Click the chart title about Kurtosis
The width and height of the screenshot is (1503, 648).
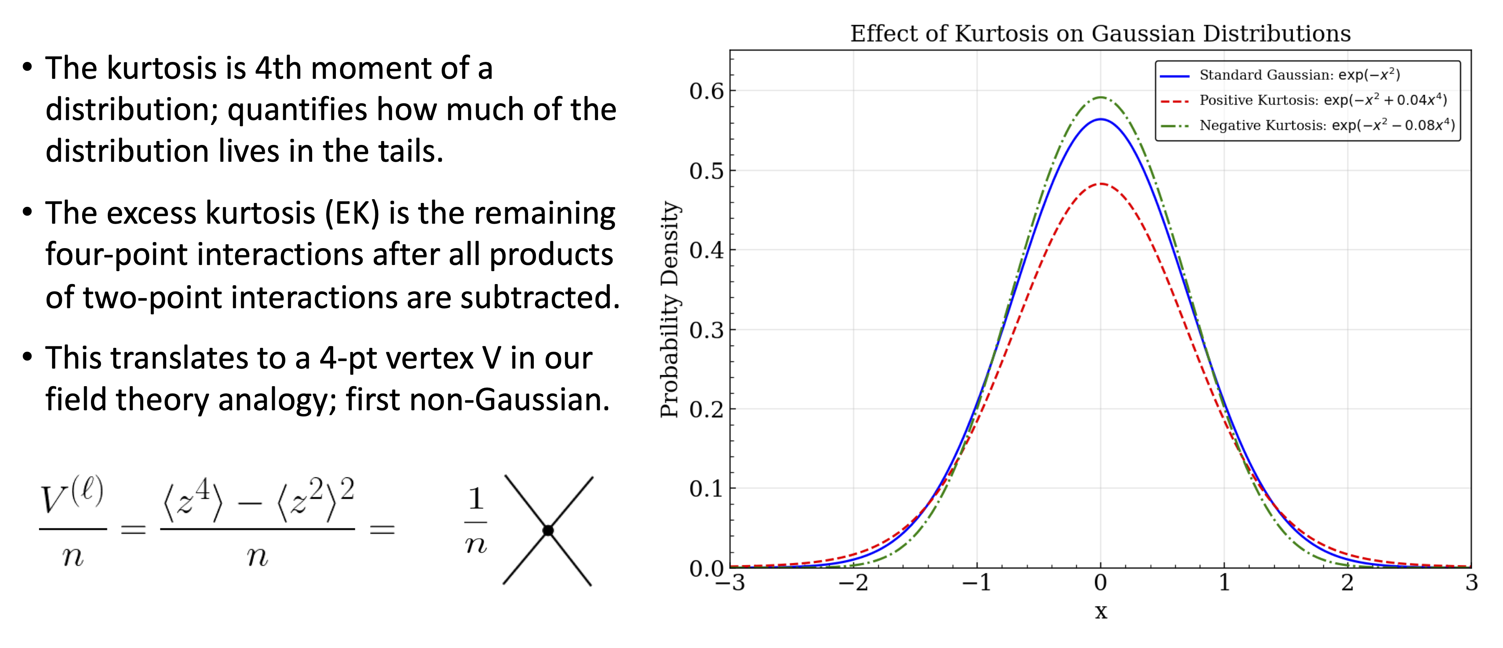1100,34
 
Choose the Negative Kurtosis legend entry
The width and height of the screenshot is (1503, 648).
1326,125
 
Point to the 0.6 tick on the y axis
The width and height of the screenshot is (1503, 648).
706,91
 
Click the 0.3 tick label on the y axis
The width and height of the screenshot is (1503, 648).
706,330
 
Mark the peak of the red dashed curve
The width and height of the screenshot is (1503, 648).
1101,184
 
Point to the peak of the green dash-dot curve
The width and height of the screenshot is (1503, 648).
1101,97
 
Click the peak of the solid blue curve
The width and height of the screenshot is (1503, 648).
1101,119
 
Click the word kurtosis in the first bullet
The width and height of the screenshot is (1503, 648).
170,68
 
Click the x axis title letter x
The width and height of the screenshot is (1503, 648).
1101,612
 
